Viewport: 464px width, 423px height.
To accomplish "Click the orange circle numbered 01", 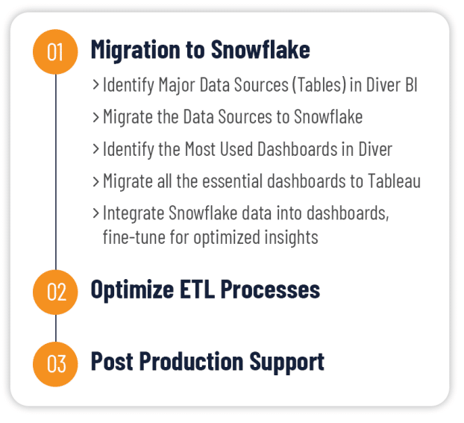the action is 55,51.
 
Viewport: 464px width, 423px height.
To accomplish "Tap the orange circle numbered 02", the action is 55,292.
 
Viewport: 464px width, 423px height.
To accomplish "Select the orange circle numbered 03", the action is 55,364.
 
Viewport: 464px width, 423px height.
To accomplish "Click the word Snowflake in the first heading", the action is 260,49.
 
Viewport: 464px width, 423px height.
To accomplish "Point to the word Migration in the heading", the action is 136,50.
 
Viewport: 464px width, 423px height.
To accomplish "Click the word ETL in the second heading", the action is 197,289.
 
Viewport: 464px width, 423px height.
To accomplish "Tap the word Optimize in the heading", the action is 132,290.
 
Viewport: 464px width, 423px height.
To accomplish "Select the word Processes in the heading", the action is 270,289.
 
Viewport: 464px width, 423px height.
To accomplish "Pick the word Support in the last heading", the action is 286,363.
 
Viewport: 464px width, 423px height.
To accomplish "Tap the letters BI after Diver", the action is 411,84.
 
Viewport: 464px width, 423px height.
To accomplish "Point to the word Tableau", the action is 394,181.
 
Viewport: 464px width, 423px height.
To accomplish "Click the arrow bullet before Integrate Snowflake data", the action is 95,213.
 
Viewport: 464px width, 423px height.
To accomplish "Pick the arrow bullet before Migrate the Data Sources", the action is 95,117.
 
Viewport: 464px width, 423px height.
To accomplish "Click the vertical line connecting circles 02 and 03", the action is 56,328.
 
